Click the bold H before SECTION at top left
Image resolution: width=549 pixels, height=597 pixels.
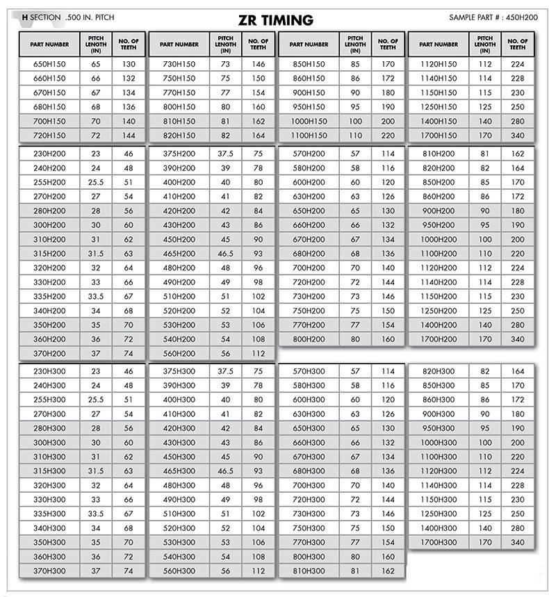point(25,16)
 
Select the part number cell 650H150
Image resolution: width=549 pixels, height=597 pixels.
point(49,64)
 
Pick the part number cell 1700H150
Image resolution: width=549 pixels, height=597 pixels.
point(439,136)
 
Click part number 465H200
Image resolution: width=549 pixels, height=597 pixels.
point(179,254)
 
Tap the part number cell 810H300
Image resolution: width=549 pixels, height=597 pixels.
point(309,571)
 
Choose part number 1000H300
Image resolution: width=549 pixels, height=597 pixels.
point(439,442)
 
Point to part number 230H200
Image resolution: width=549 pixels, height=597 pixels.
point(49,154)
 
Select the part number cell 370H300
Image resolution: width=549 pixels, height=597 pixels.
point(49,571)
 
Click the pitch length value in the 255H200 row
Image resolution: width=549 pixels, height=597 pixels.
point(96,182)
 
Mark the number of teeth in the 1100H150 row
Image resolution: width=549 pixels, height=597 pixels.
point(388,136)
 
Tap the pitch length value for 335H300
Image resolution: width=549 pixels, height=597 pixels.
point(96,514)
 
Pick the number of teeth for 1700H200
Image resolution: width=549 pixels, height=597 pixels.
point(517,339)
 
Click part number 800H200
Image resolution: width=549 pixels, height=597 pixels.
point(309,339)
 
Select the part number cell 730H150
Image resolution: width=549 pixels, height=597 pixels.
point(179,64)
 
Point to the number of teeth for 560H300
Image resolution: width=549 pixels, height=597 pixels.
point(259,571)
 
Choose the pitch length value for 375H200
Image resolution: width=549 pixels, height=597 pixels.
point(225,154)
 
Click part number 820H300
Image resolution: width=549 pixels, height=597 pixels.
point(439,371)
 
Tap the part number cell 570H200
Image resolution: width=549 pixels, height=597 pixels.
point(309,154)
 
